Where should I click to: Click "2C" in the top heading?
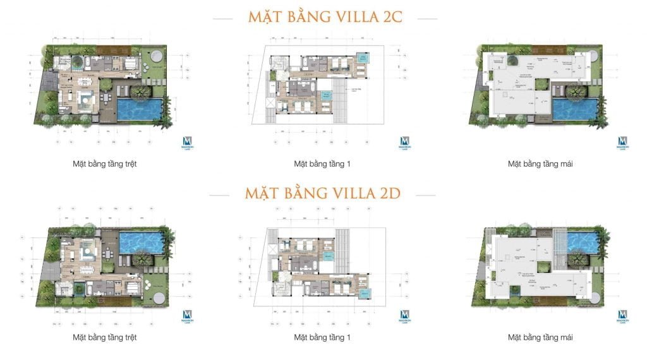click(394, 17)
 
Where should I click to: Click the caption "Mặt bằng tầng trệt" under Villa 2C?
click(105, 164)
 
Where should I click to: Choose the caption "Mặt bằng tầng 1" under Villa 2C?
click(322, 164)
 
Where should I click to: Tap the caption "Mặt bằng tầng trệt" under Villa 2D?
click(105, 337)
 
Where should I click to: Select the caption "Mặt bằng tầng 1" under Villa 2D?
click(322, 337)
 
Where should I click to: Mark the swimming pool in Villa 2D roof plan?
click(580, 241)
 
